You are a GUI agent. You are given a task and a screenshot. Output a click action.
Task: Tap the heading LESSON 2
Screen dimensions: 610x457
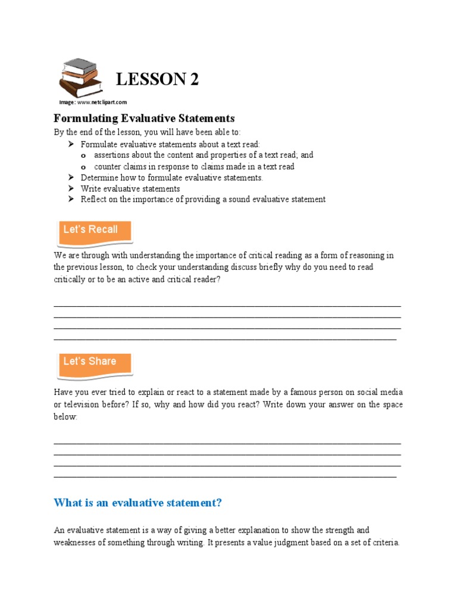(x=157, y=79)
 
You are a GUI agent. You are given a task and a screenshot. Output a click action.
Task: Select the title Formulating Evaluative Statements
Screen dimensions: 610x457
(x=145, y=118)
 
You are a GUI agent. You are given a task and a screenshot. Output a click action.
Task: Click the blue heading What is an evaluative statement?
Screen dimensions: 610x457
(x=137, y=503)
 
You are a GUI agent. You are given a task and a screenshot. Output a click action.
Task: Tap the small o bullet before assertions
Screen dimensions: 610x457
(x=83, y=155)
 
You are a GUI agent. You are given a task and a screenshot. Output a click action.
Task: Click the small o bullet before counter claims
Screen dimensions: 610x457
(x=83, y=167)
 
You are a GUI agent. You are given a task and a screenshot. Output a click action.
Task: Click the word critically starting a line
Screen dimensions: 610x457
(x=69, y=279)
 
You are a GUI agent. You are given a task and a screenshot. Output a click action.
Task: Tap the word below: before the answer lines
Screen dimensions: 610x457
(x=65, y=417)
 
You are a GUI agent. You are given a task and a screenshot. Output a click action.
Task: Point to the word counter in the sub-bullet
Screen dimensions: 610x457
(x=108, y=167)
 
